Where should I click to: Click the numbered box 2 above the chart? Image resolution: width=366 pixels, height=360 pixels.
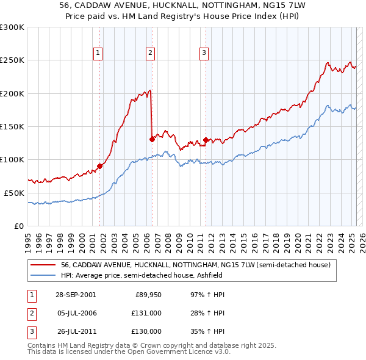tap(150, 53)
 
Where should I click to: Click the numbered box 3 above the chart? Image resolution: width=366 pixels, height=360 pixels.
tap(204, 53)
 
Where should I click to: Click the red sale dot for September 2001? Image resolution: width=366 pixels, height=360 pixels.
tap(99, 166)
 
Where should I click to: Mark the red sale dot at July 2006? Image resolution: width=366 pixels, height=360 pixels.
tap(151, 139)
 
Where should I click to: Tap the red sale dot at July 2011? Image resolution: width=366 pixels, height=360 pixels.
tap(206, 140)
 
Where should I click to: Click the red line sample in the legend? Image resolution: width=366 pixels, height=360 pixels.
tap(43, 265)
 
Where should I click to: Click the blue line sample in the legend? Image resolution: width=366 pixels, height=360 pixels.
tap(43, 275)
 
